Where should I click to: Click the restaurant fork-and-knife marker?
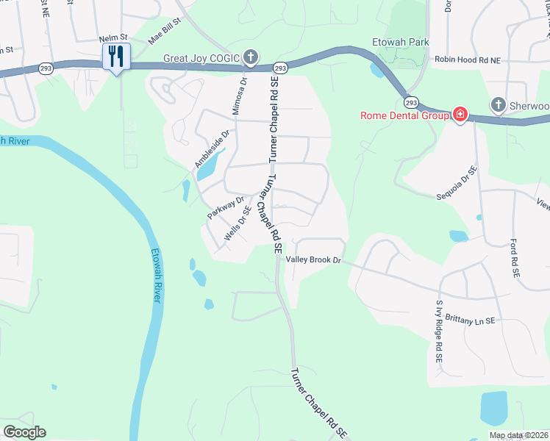(x=116, y=56)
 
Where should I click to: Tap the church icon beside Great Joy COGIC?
(x=250, y=57)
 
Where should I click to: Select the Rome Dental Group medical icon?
(x=460, y=115)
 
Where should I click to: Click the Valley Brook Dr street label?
(x=315, y=260)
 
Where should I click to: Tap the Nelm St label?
(x=113, y=37)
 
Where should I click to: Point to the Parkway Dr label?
(x=225, y=207)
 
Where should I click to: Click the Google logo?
(x=24, y=432)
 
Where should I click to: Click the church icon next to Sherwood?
(x=499, y=105)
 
